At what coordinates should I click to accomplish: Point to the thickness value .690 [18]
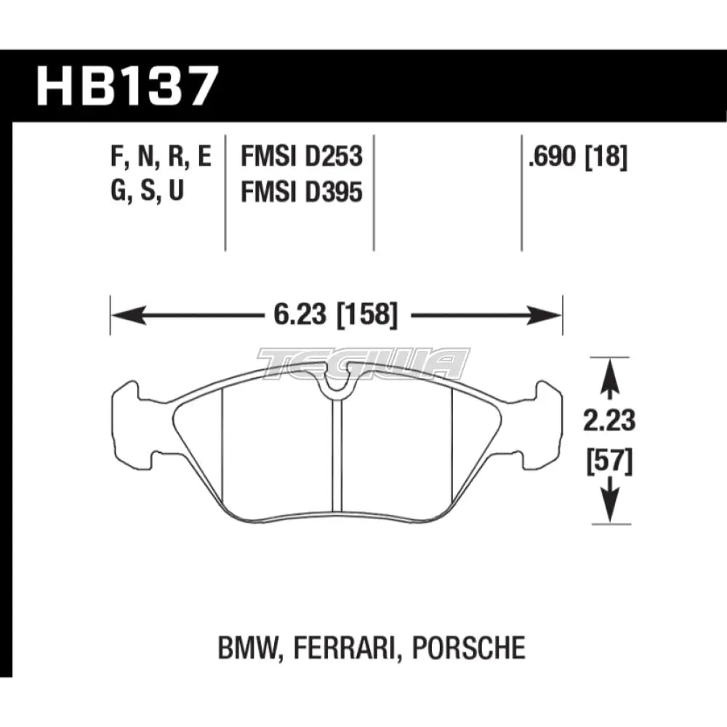pos(579,158)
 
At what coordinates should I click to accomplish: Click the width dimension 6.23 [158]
pos(336,316)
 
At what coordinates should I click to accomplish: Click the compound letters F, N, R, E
pos(161,158)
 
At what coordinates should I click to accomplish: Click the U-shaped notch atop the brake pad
pos(335,386)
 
